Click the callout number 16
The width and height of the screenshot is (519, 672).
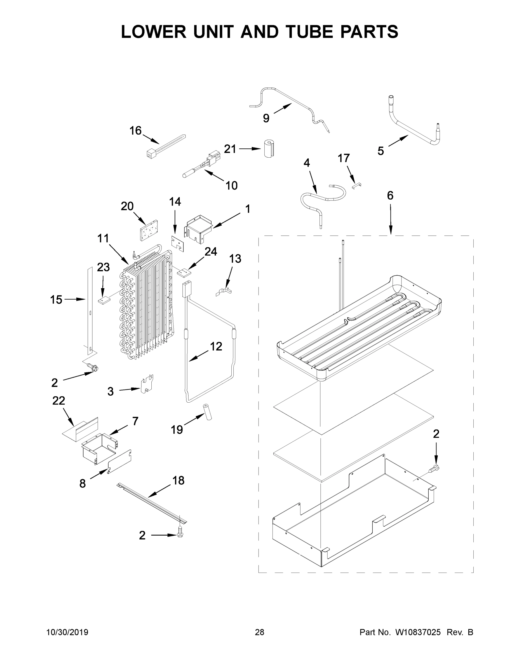pyautogui.click(x=135, y=131)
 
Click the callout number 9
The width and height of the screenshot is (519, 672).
pyautogui.click(x=266, y=118)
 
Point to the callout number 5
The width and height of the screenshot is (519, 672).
pyautogui.click(x=381, y=151)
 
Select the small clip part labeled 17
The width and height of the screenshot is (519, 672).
pyautogui.click(x=357, y=185)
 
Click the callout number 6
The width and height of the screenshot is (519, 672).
pyautogui.click(x=390, y=195)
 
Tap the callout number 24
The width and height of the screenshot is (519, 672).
pyautogui.click(x=211, y=252)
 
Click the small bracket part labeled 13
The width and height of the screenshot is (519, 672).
pyautogui.click(x=224, y=292)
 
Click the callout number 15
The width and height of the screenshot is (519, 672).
pyautogui.click(x=56, y=300)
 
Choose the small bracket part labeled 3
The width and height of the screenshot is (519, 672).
pyautogui.click(x=147, y=384)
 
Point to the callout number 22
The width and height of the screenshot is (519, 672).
pyautogui.click(x=58, y=401)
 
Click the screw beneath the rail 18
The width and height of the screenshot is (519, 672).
pyautogui.click(x=180, y=535)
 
